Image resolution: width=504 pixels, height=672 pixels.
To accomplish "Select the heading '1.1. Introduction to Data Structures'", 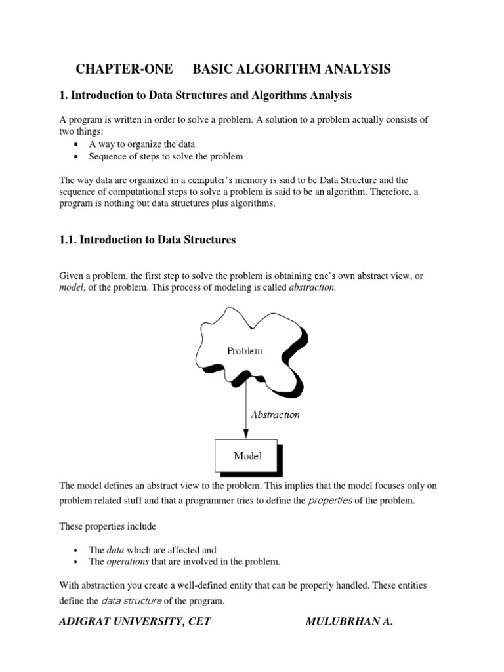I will pyautogui.click(x=147, y=240).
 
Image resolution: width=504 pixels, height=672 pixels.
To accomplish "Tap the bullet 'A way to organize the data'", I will pyautogui.click(x=142, y=144).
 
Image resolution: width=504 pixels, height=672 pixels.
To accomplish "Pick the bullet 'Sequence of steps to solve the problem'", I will pyautogui.click(x=165, y=156).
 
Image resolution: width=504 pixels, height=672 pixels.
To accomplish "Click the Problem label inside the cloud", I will pyautogui.click(x=245, y=351).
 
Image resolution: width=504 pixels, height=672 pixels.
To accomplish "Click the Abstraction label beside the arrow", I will pyautogui.click(x=275, y=415).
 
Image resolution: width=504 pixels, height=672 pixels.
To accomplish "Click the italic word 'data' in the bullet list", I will pyautogui.click(x=115, y=550).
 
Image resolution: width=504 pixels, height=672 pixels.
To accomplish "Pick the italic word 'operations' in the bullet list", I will pyautogui.click(x=129, y=562).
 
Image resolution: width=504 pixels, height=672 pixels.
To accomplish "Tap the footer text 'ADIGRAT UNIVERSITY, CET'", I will pyautogui.click(x=135, y=622).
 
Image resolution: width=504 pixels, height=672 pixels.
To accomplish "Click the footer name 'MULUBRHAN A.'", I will pyautogui.click(x=349, y=622).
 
